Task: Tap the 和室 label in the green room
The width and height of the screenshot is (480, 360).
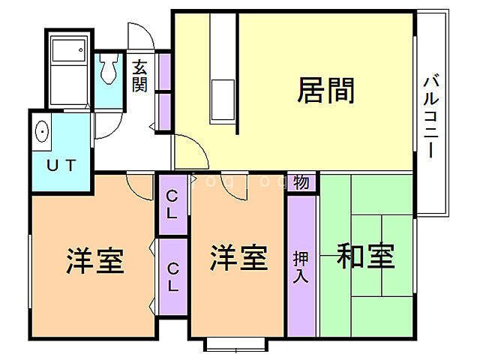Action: (366, 257)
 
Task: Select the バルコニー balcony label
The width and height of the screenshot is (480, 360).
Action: (430, 115)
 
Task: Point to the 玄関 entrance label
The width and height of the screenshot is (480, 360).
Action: (140, 75)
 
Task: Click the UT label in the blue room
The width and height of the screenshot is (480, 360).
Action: (61, 166)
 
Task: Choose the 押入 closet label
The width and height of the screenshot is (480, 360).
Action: (301, 265)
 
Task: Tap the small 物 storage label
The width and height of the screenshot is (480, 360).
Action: (301, 182)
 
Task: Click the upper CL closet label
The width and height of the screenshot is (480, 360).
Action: (172, 205)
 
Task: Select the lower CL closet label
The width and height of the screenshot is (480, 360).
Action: (172, 276)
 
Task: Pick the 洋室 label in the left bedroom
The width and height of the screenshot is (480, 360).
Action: (95, 259)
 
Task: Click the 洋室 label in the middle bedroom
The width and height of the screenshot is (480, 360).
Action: (238, 258)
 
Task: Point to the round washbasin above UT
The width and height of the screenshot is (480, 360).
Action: (42, 131)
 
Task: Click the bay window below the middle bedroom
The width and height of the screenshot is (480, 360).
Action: (236, 345)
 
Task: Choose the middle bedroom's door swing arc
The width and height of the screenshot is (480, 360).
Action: (233, 187)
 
